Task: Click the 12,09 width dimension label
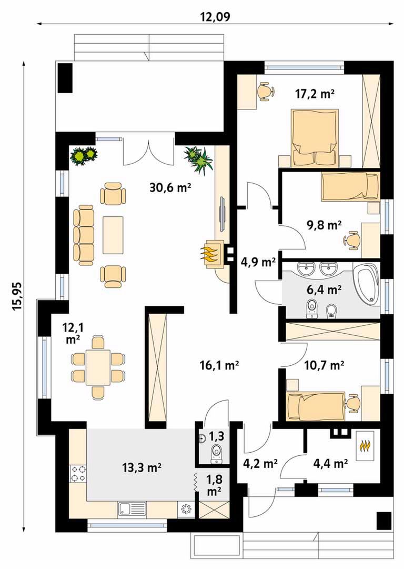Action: pyautogui.click(x=215, y=17)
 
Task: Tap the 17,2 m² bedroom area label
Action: pyautogui.click(x=315, y=94)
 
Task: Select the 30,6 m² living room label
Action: pyautogui.click(x=170, y=187)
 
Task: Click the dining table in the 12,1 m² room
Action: pyautogui.click(x=98, y=367)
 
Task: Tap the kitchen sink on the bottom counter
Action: pyautogui.click(x=132, y=509)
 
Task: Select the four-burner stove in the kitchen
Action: pyautogui.click(x=78, y=474)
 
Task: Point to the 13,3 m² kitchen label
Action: pyautogui.click(x=142, y=468)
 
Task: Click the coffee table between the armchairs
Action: pyautogui.click(x=113, y=235)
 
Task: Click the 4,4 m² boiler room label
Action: pyautogui.click(x=330, y=463)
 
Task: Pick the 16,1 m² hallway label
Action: pyautogui.click(x=219, y=365)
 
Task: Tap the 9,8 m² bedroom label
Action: pyautogui.click(x=324, y=225)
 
